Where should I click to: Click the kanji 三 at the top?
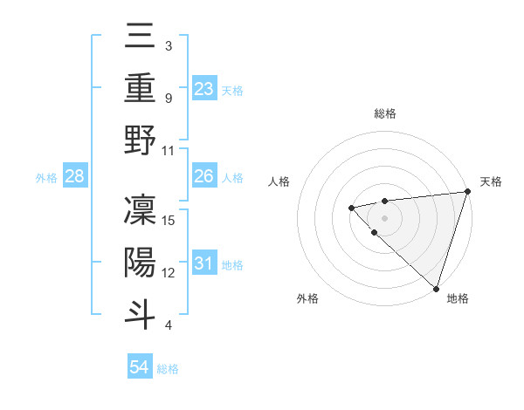coord(140,37)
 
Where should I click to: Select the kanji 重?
coord(140,88)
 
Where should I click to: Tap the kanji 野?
coord(140,141)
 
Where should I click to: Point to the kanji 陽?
coord(140,263)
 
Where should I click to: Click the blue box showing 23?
coord(204,89)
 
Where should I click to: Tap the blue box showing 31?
coord(204,263)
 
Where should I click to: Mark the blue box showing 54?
coord(140,368)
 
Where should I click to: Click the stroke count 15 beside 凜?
coord(169,220)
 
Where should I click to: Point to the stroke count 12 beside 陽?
coord(169,273)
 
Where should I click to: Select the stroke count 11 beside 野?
coord(169,151)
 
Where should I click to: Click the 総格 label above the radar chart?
coord(384,113)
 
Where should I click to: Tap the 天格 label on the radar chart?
coord(491,181)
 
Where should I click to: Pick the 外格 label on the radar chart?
coord(307,298)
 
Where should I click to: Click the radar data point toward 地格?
coord(436,288)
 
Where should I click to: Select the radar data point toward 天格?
coord(467,191)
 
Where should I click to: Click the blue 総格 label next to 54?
coord(168,369)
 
